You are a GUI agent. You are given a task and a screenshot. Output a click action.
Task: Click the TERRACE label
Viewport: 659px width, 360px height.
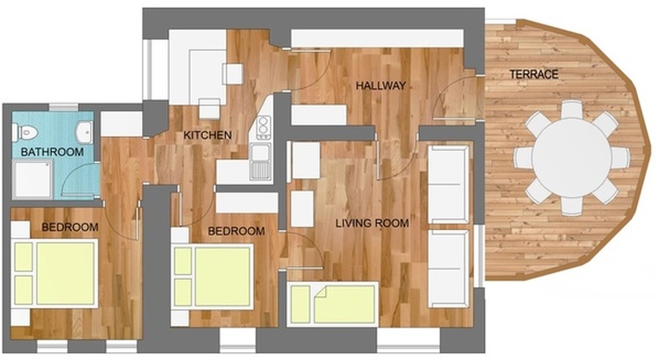coord(533,75)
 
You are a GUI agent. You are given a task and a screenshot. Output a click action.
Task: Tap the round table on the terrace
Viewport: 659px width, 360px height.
coord(571,157)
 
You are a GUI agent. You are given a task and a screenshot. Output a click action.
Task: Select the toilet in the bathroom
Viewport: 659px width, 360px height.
coord(25,133)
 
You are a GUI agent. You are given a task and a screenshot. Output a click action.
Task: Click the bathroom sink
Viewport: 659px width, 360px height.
coord(85,132)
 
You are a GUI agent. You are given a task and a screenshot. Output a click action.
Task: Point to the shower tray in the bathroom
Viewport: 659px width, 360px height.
coord(33,180)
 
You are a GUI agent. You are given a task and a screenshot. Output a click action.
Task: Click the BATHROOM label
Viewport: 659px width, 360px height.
coord(52,152)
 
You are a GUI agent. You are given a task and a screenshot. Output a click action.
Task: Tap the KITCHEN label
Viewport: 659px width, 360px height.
coord(207,135)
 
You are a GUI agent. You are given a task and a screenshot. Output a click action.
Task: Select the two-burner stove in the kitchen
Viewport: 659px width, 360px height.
coord(264,127)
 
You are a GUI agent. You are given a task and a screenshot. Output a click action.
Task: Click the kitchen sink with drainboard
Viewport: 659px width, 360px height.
coord(261,161)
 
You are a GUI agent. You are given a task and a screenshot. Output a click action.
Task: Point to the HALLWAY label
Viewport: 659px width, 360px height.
coord(380,86)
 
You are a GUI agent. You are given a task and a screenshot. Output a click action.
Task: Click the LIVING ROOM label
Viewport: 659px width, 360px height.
coord(373,223)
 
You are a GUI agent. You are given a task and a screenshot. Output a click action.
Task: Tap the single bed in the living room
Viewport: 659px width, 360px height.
coord(333,305)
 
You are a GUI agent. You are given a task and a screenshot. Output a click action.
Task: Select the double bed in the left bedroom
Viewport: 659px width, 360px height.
coord(54,273)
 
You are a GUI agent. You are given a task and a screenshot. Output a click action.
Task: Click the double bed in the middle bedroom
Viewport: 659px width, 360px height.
coord(213,277)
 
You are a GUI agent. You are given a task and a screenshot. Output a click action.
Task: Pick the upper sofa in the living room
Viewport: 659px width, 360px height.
coord(448,184)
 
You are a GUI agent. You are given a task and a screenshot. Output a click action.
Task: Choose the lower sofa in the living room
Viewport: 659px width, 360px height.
coord(448,269)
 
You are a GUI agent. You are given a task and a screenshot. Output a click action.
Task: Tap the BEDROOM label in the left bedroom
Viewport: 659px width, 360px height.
coord(69,227)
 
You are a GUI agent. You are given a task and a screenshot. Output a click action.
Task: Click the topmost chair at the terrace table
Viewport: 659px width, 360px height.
coord(572,109)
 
